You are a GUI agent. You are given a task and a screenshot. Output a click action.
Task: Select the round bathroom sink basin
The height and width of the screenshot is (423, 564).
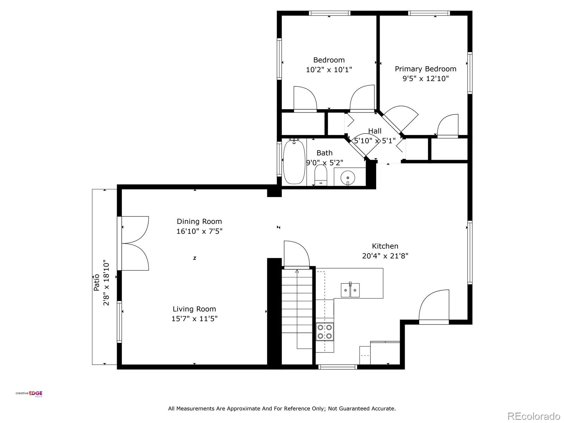click(348, 177)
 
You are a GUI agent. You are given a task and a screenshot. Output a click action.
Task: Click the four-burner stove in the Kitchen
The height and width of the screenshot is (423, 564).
click(325, 332)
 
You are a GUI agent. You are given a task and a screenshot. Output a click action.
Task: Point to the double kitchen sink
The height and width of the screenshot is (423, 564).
click(350, 290)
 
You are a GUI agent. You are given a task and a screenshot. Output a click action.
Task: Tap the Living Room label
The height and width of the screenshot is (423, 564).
click(194, 309)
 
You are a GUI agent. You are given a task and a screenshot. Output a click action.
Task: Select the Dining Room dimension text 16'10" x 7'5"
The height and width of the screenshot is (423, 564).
click(200, 231)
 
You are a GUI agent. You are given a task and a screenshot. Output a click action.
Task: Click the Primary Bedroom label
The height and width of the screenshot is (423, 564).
click(425, 69)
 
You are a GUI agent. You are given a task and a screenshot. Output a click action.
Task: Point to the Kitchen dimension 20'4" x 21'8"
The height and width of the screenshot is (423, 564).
click(385, 256)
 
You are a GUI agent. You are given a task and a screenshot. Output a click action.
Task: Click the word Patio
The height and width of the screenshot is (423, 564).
click(96, 282)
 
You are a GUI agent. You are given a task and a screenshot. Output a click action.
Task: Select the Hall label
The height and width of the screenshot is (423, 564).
click(375, 131)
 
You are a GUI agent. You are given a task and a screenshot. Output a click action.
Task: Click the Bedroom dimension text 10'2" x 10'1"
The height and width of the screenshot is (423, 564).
click(329, 69)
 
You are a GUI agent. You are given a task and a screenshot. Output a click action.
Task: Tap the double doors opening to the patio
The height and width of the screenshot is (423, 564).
click(135, 243)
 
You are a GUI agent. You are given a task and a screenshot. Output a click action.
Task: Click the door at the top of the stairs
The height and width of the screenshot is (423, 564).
click(296, 254)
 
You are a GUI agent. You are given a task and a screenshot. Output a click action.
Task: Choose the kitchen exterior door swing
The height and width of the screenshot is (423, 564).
click(434, 307)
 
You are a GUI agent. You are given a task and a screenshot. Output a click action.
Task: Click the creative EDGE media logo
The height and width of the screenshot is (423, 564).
click(29, 394)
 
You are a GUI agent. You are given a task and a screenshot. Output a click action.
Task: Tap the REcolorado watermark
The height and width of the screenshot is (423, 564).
click(534, 416)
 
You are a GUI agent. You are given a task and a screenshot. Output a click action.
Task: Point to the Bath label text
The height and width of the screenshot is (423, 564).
click(325, 153)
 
